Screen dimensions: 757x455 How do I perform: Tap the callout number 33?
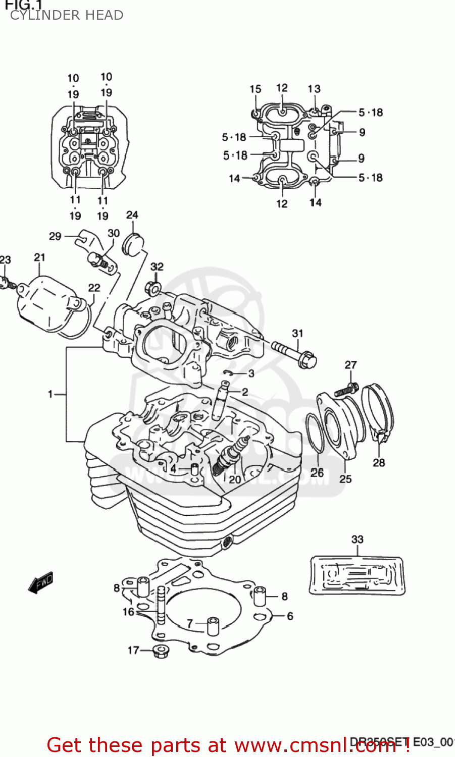(357, 539)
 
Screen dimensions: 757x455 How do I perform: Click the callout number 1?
(50, 394)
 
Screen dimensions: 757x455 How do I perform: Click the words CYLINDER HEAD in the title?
(66, 15)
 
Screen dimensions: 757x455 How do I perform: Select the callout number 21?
(39, 257)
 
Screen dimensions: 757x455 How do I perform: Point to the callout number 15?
(255, 89)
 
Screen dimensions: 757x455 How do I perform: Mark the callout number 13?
(314, 89)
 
